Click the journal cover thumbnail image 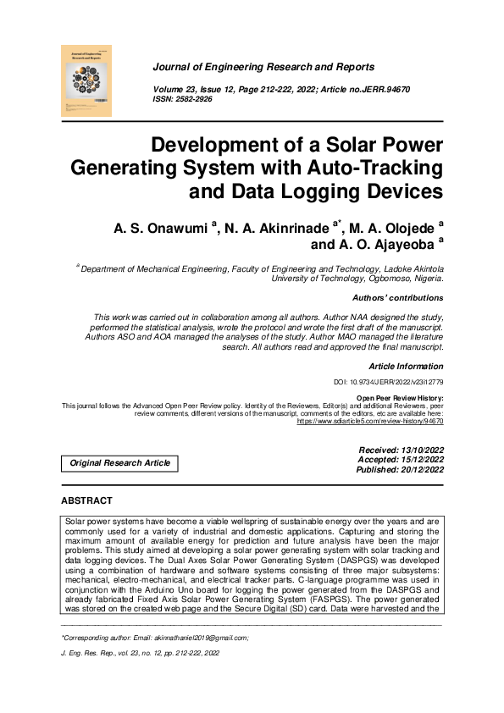[x=87, y=80]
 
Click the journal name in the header [x=263, y=66]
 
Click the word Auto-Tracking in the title [x=372, y=166]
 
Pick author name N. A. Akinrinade [x=279, y=227]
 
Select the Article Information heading [x=406, y=366]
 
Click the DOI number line [x=389, y=384]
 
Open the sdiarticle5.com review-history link [x=369, y=419]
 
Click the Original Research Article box [x=119, y=463]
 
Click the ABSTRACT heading [x=86, y=501]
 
